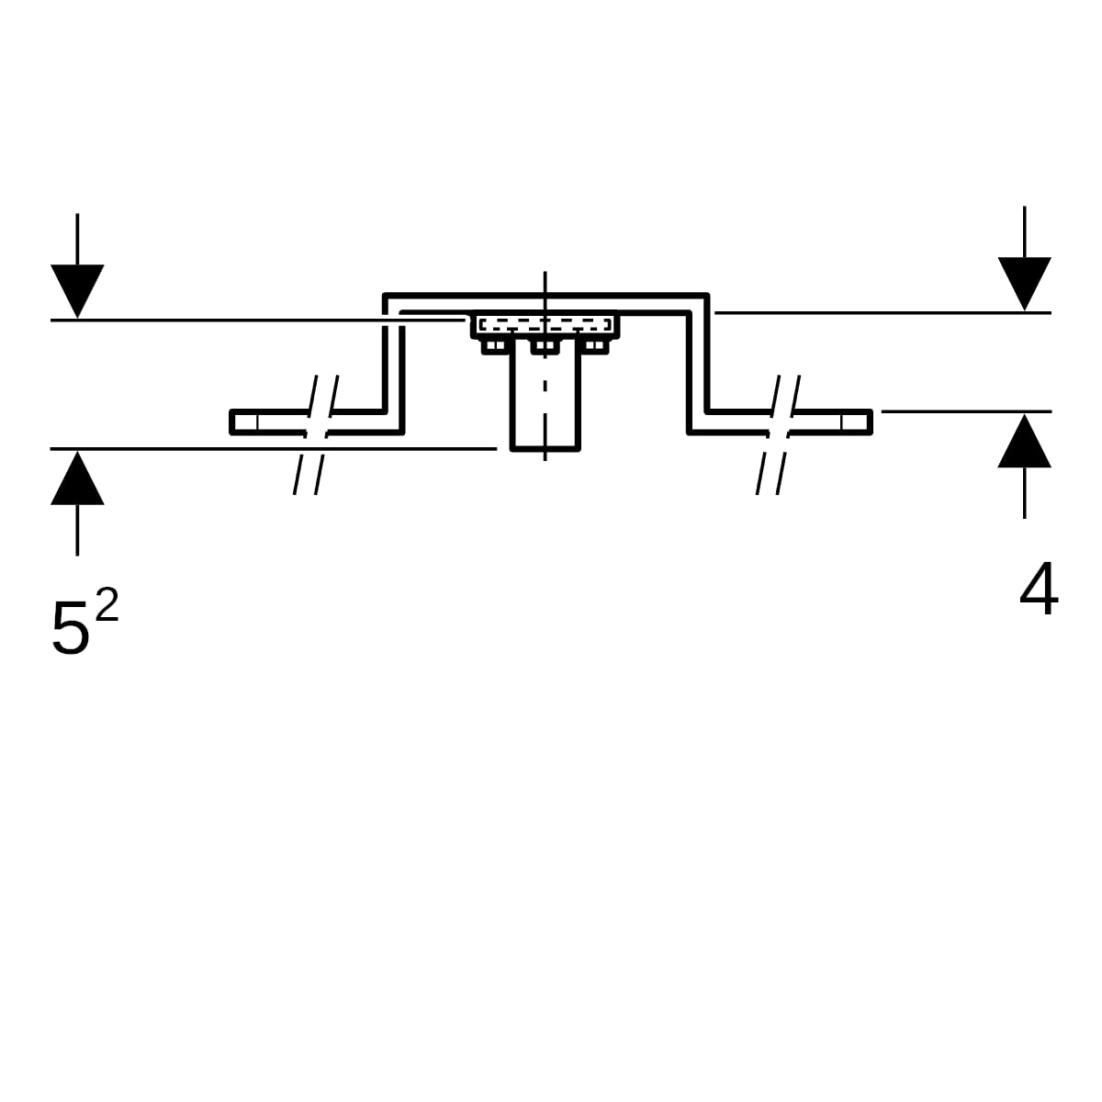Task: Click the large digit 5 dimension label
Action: pyautogui.click(x=71, y=628)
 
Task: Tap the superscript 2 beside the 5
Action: pyautogui.click(x=107, y=604)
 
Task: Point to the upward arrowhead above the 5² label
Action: pyautogui.click(x=77, y=478)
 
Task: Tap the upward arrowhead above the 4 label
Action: pyautogui.click(x=1024, y=441)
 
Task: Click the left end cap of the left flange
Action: pyautogui.click(x=244, y=422)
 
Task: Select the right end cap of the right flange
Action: pyautogui.click(x=857, y=422)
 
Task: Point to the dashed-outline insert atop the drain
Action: pyautogui.click(x=545, y=325)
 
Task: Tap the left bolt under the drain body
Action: pyautogui.click(x=495, y=346)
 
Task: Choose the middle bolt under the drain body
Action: pyautogui.click(x=545, y=346)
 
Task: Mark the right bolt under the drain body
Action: pyautogui.click(x=595, y=346)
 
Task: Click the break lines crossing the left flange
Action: pyautogui.click(x=316, y=434)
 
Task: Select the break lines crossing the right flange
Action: pyautogui.click(x=779, y=434)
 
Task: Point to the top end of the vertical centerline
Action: pyautogui.click(x=545, y=272)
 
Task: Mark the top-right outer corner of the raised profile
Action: pyautogui.click(x=709, y=294)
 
